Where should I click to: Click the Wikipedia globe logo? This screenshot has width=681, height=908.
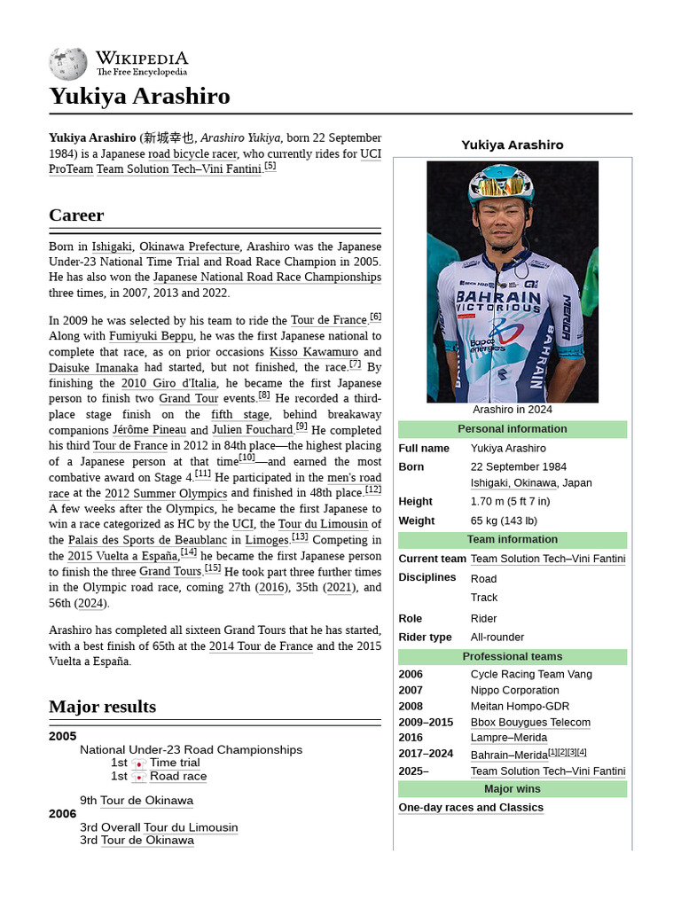point(68,64)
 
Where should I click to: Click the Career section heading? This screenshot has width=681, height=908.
point(76,215)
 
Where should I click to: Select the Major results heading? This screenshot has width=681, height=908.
point(102,707)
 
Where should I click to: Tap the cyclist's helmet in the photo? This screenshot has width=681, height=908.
point(500,183)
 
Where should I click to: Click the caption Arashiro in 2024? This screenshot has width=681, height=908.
point(513,410)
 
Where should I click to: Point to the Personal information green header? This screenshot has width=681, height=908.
point(513,429)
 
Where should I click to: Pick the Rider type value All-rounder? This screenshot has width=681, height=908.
point(497,638)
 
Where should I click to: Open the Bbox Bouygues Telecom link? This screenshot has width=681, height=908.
point(530,723)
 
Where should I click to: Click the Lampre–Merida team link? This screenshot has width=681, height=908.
point(509,738)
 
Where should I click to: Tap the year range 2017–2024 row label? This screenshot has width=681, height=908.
point(426,755)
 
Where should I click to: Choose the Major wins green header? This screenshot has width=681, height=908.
point(513,789)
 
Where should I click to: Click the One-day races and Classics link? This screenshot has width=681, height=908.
point(471,808)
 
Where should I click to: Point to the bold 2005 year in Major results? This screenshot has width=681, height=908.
point(63,736)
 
